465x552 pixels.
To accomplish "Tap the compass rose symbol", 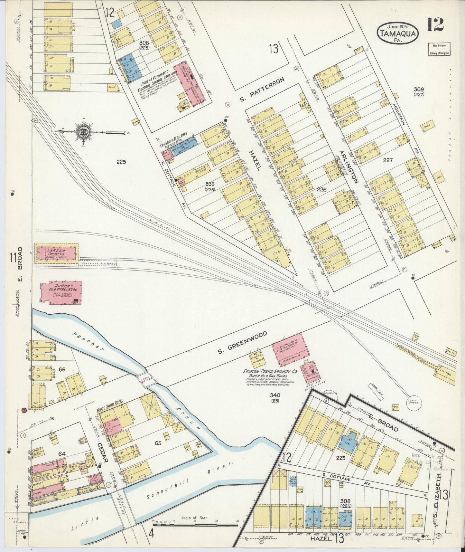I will (83, 131).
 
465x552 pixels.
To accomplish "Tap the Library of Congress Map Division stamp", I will (439, 50).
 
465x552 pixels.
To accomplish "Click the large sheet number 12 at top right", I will (435, 24).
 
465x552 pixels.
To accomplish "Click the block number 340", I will (275, 395).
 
